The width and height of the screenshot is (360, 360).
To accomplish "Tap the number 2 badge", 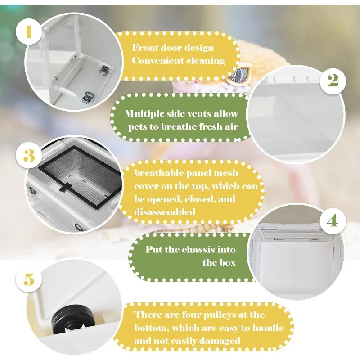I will pos(333,81).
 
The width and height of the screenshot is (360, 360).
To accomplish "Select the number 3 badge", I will pos(29,156).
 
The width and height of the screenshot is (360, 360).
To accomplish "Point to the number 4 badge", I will pos(332,221).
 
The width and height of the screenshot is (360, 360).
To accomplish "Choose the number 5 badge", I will pos(29,279).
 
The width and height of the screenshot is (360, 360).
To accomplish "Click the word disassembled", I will pos(165,211).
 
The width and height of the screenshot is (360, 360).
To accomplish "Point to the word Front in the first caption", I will pos(145,48).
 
